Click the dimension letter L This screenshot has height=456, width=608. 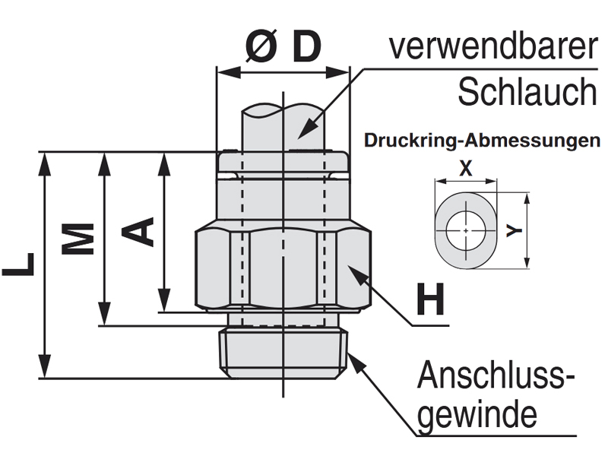click(x=19, y=264)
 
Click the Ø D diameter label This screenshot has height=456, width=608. click(x=283, y=47)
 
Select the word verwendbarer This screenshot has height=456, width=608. click(x=492, y=47)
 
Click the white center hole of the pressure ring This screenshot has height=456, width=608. click(x=464, y=230)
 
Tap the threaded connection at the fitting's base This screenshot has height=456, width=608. click(x=283, y=353)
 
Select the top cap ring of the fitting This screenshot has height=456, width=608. click(x=283, y=161)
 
